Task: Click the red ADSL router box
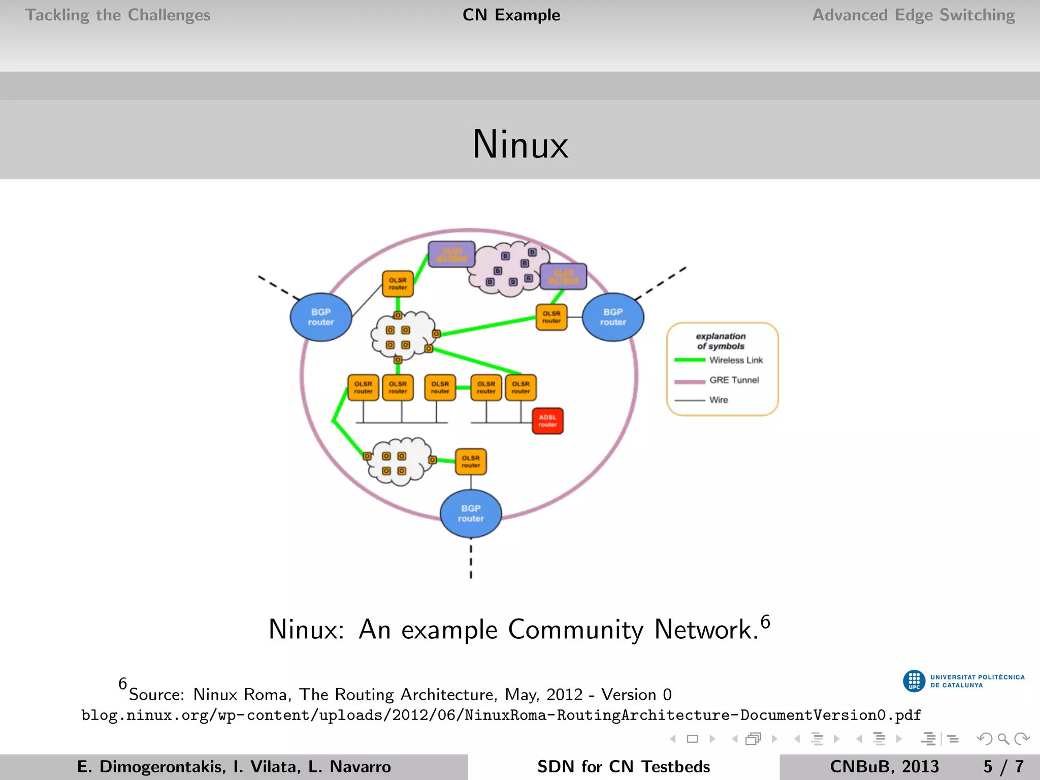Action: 547,421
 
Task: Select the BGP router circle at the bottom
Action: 471,513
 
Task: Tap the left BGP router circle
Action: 321,317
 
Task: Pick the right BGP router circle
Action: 613,317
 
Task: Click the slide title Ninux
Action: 520,144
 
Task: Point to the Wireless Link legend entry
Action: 735,360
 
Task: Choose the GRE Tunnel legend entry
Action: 733,380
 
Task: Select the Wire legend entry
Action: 718,400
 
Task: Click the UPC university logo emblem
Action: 914,681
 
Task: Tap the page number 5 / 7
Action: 1003,766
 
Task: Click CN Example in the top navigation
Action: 511,15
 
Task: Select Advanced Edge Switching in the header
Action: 913,15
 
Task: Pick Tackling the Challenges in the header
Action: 118,15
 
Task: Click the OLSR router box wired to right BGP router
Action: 551,317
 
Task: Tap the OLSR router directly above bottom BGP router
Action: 471,462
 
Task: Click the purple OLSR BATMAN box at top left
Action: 451,254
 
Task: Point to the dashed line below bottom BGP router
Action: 471,561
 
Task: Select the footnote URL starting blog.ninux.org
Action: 501,715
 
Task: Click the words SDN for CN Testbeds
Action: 623,766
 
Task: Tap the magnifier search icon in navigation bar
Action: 1003,739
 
